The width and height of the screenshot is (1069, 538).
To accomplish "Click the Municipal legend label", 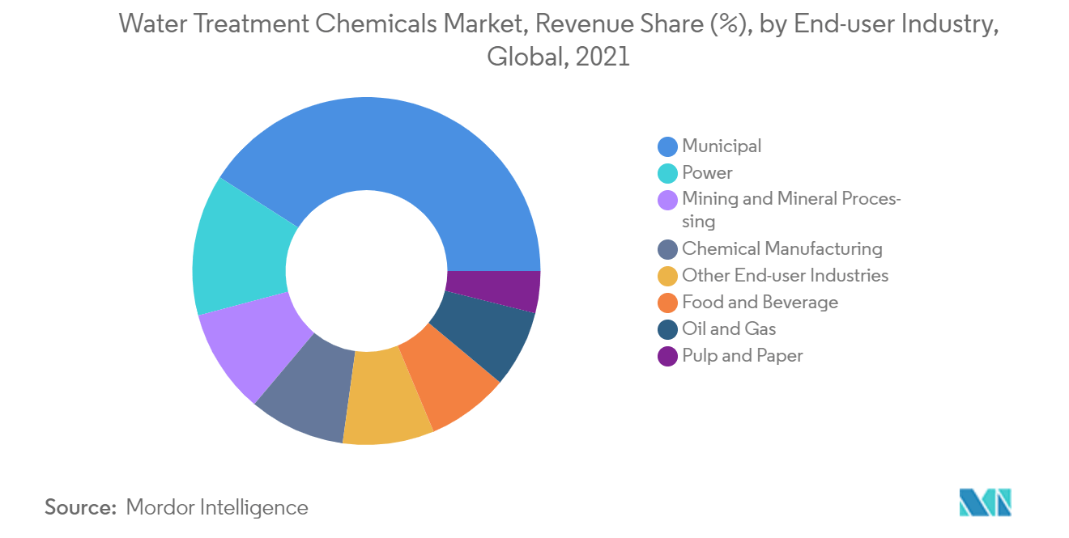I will click(722, 146).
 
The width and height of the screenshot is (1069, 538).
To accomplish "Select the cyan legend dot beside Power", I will click(667, 173).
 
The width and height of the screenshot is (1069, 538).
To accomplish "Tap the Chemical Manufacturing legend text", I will click(782, 249).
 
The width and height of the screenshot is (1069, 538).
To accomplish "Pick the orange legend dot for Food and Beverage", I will click(667, 303).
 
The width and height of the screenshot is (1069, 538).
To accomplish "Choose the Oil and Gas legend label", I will click(729, 329).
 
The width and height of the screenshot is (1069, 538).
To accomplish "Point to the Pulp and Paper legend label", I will click(743, 356).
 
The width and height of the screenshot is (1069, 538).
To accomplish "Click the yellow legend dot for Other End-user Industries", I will click(667, 276).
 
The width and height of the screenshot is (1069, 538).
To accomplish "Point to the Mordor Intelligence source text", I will click(217, 508).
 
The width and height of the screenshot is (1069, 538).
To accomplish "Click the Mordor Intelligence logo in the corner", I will click(985, 502).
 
